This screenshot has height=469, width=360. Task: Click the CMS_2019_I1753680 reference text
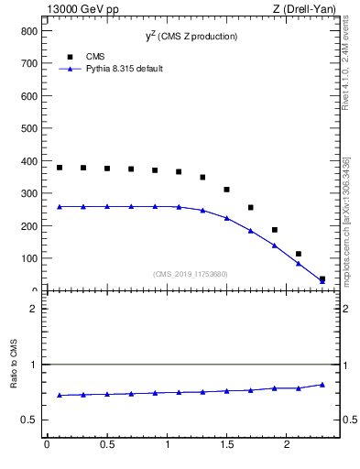(x=190, y=273)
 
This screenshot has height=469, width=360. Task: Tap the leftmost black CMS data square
(x=60, y=168)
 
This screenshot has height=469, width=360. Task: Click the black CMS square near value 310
(x=226, y=190)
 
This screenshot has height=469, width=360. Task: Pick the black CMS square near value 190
(x=274, y=230)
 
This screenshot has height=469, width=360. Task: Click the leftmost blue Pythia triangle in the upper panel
(x=60, y=207)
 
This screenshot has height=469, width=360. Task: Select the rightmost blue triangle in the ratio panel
(x=322, y=385)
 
